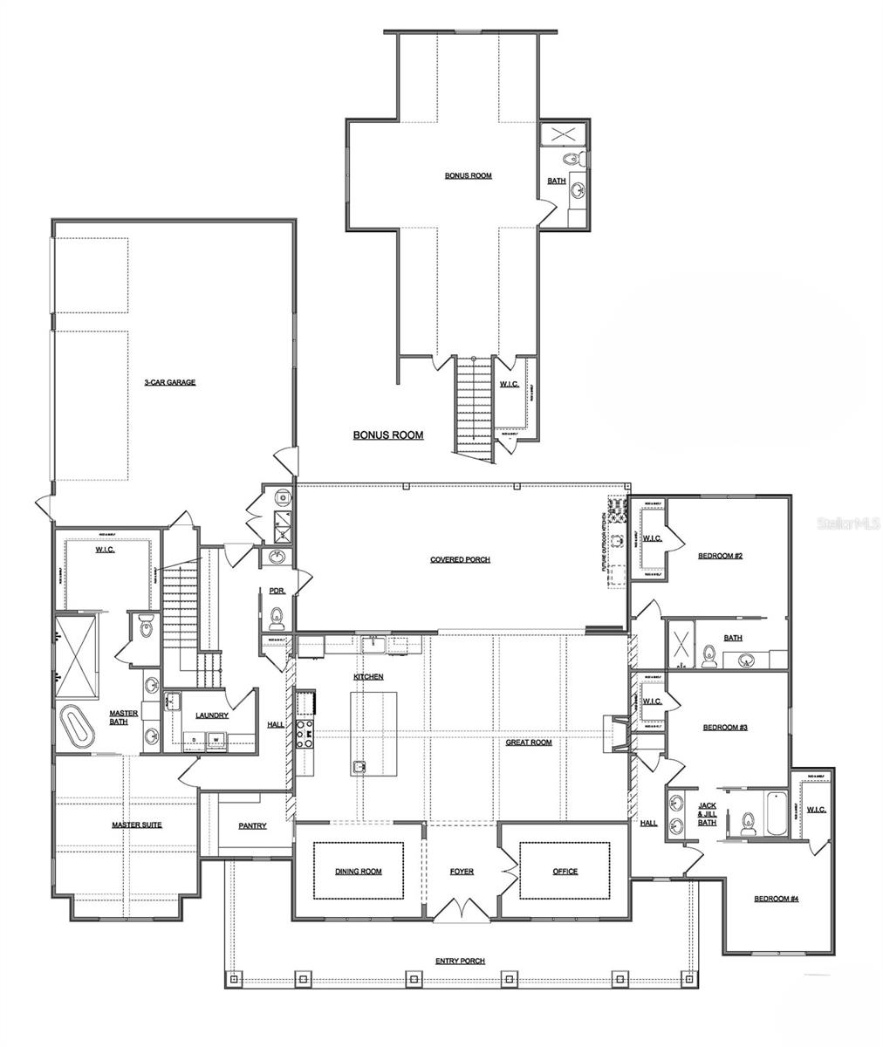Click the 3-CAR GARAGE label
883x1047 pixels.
169,382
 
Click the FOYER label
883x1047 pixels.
462,872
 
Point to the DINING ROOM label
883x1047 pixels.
358,872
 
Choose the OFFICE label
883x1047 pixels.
565,872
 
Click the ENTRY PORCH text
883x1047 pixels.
460,961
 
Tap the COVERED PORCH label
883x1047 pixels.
460,559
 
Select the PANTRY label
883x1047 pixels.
252,825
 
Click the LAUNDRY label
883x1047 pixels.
212,715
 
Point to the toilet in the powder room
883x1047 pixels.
277,617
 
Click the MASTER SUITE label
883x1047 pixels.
136,825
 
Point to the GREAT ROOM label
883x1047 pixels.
529,742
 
